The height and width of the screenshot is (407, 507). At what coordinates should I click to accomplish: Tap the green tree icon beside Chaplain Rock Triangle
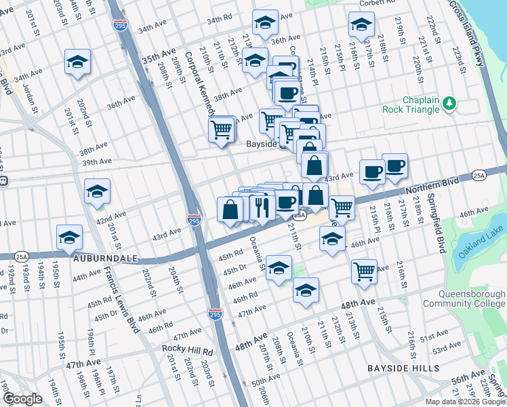(x=449, y=104)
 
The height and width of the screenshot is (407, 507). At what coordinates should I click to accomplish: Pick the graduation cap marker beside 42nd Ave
(x=98, y=192)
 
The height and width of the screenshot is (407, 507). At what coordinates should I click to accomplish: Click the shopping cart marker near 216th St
(x=365, y=271)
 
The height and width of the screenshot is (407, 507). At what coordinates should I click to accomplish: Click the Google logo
(x=22, y=398)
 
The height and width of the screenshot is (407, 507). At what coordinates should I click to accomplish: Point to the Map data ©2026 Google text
(x=465, y=402)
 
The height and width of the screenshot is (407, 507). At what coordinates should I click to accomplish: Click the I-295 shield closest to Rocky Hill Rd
(x=214, y=313)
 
